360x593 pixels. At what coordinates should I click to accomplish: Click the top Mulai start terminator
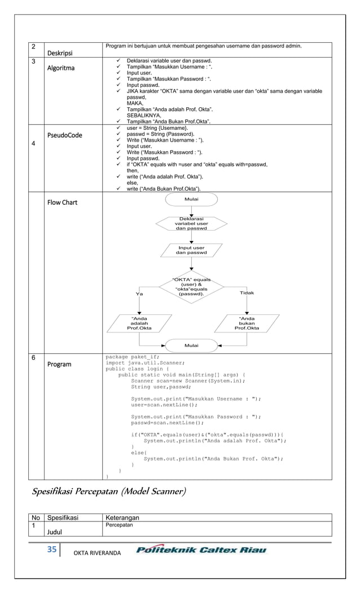[191, 200]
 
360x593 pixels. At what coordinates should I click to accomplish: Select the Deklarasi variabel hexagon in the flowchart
[191, 223]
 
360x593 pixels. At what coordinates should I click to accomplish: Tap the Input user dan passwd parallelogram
[191, 251]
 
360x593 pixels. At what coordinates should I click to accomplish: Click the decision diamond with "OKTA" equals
[191, 286]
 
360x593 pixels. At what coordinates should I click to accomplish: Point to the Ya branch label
[139, 294]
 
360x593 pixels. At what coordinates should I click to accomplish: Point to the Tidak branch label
[247, 293]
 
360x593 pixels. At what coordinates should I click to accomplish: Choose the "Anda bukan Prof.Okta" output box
[247, 323]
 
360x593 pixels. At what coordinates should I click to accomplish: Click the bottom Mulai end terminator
[191, 345]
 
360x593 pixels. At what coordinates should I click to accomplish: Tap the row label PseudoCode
[65, 135]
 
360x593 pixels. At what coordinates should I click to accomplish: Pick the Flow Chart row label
[63, 203]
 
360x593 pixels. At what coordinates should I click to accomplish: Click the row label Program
[59, 364]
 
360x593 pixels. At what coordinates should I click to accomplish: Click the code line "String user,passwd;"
[161, 387]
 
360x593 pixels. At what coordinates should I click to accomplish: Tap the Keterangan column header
[122, 517]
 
